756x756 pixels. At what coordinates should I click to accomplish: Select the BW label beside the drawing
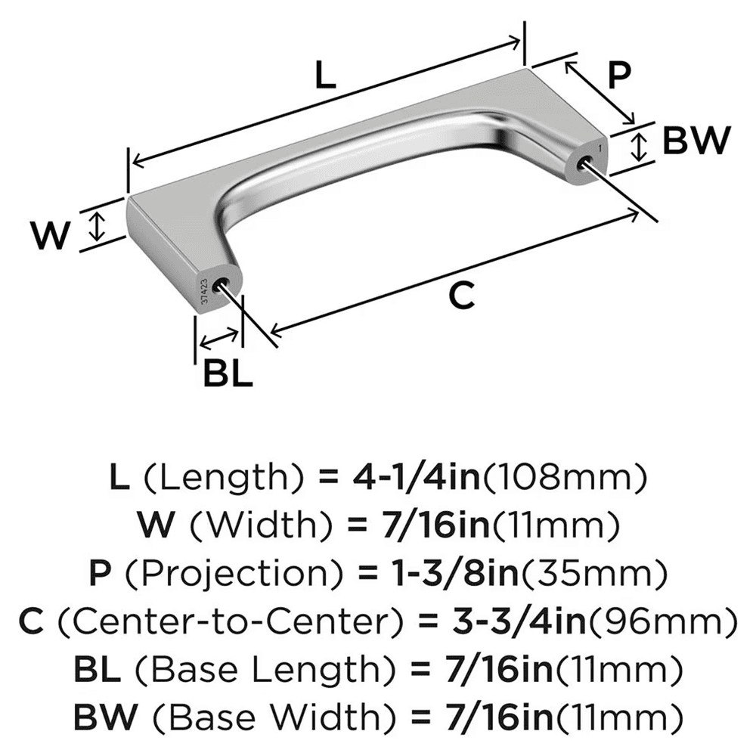pyautogui.click(x=696, y=141)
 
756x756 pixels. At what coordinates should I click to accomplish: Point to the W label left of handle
pyautogui.click(x=51, y=237)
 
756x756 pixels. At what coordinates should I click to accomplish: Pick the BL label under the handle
pyautogui.click(x=227, y=373)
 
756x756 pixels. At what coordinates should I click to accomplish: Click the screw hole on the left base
pyautogui.click(x=222, y=284)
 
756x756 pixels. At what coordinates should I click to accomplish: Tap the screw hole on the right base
pyautogui.click(x=583, y=162)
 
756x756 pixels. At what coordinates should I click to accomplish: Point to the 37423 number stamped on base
pyautogui.click(x=203, y=291)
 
